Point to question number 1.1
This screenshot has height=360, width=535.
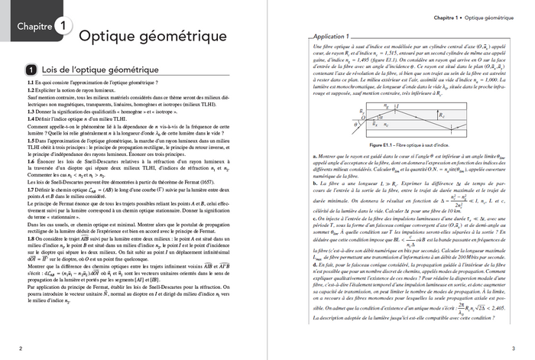(31, 82)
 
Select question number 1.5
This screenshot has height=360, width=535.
(31, 141)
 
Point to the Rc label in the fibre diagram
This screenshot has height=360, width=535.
(440, 115)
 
